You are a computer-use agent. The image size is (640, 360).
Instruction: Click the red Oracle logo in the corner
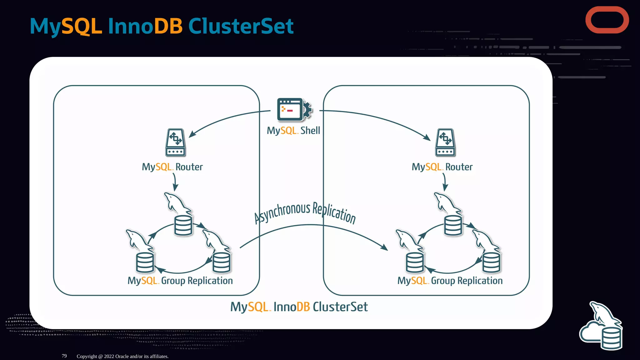[x=607, y=20]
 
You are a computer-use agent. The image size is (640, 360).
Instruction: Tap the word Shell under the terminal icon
[x=310, y=130]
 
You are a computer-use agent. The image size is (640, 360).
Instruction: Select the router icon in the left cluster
[x=175, y=142]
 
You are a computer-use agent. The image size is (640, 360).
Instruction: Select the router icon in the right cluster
[x=445, y=142]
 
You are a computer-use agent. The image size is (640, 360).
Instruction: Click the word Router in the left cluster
[x=189, y=167]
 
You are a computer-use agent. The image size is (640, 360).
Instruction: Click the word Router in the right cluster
[x=459, y=167]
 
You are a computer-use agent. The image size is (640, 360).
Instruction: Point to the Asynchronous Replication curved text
[x=305, y=212]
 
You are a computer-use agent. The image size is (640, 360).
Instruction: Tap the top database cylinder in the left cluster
[x=183, y=225]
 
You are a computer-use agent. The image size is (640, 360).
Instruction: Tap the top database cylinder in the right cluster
[x=453, y=225]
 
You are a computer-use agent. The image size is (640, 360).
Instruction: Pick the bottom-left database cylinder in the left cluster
[x=145, y=262]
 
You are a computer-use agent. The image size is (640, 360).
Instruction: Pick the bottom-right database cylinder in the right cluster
[x=491, y=262]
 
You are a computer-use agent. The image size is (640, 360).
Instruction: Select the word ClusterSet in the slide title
[x=241, y=26]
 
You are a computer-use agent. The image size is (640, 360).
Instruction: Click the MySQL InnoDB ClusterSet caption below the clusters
[x=299, y=307]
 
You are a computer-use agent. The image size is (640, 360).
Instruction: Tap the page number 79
[x=64, y=356]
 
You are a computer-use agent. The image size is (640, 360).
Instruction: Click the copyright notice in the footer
[x=122, y=356]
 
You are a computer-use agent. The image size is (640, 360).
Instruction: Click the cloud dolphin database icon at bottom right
[x=601, y=327]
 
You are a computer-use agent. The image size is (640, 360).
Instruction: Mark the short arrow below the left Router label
[x=175, y=182]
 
